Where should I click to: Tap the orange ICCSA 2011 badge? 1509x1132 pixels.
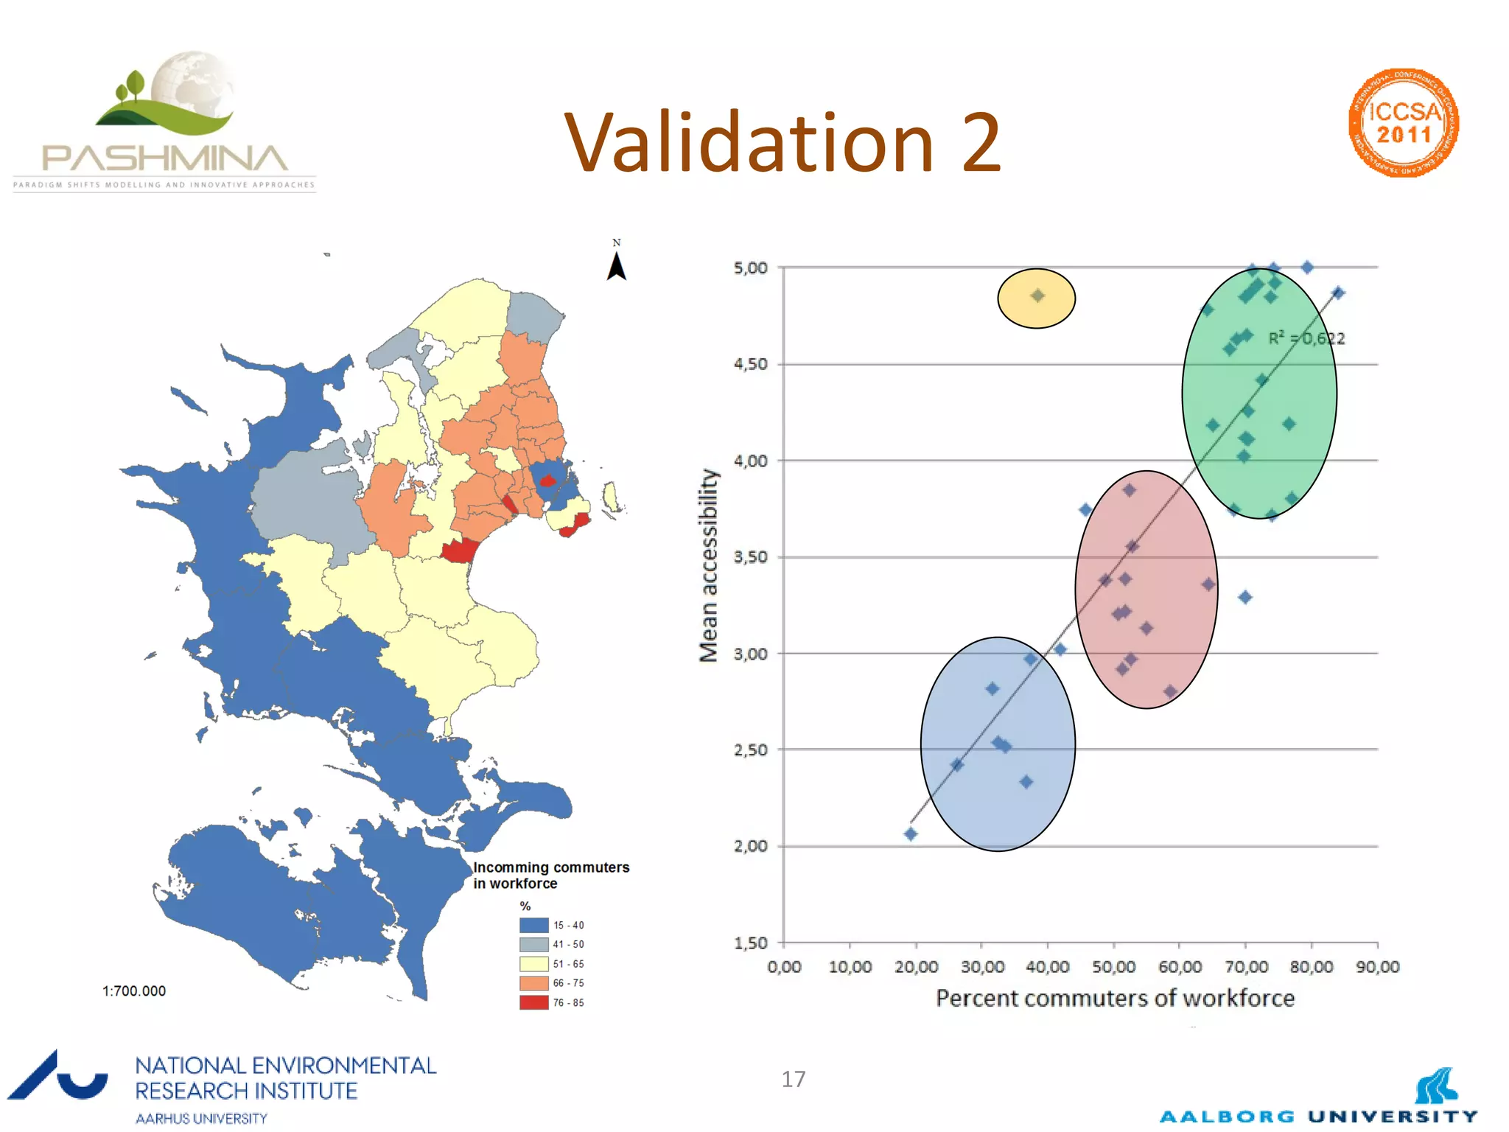pyautogui.click(x=1404, y=123)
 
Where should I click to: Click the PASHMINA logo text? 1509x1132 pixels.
pyautogui.click(x=165, y=158)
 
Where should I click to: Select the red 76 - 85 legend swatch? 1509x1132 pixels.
pyautogui.click(x=533, y=1002)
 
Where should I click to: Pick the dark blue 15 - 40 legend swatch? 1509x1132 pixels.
pyautogui.click(x=533, y=925)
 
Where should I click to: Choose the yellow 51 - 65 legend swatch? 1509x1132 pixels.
pyautogui.click(x=533, y=963)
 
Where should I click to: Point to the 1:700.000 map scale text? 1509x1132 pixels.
pyautogui.click(x=134, y=991)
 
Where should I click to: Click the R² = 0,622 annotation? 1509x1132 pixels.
pyautogui.click(x=1306, y=338)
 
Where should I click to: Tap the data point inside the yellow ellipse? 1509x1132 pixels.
pyautogui.click(x=1037, y=296)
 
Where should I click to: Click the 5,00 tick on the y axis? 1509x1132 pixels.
pyautogui.click(x=750, y=268)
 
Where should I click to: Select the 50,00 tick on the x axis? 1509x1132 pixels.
pyautogui.click(x=1113, y=967)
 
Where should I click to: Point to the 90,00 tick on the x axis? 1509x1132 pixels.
pyautogui.click(x=1377, y=967)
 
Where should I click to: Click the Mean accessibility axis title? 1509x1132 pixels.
pyautogui.click(x=708, y=565)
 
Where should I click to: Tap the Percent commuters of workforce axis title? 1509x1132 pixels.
pyautogui.click(x=1115, y=999)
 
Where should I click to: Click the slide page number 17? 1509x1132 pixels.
pyautogui.click(x=793, y=1080)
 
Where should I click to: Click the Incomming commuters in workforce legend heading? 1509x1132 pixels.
pyautogui.click(x=550, y=875)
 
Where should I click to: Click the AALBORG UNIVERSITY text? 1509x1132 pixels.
pyautogui.click(x=1318, y=1117)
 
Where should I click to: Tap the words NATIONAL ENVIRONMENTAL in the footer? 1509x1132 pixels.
pyautogui.click(x=285, y=1066)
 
